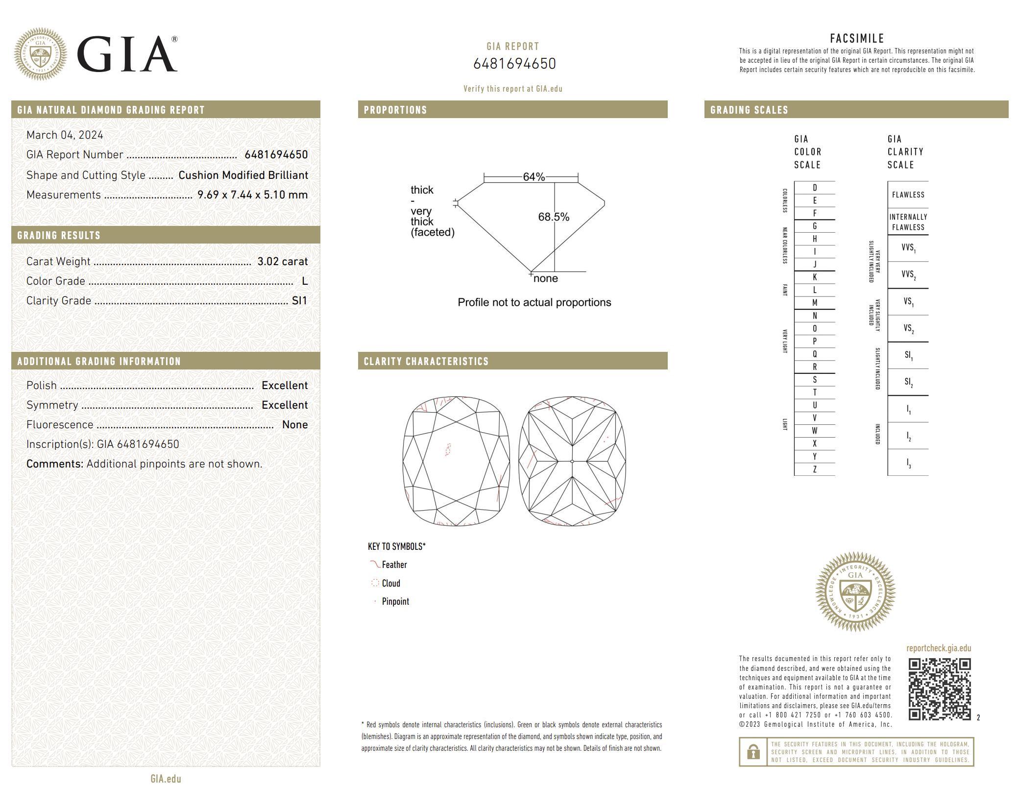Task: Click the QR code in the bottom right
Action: click(939, 689)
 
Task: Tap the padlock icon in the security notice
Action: click(753, 752)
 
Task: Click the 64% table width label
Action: click(533, 177)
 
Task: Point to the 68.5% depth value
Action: click(554, 217)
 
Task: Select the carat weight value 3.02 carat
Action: click(283, 262)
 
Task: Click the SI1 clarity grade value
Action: click(299, 301)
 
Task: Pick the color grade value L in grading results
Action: click(305, 281)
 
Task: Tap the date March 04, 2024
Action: click(65, 135)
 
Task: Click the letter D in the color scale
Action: click(815, 188)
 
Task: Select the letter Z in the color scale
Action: click(815, 469)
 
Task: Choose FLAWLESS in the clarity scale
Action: click(908, 195)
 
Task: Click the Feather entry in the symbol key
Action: click(394, 565)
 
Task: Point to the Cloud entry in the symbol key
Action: click(390, 583)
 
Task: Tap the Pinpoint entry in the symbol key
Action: click(395, 602)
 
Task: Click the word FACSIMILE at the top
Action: click(857, 39)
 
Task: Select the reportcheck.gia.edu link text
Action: click(938, 648)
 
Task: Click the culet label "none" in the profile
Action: click(546, 279)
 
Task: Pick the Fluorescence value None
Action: click(295, 425)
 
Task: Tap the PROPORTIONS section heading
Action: click(395, 110)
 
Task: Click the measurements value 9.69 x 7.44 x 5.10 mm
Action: click(252, 195)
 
